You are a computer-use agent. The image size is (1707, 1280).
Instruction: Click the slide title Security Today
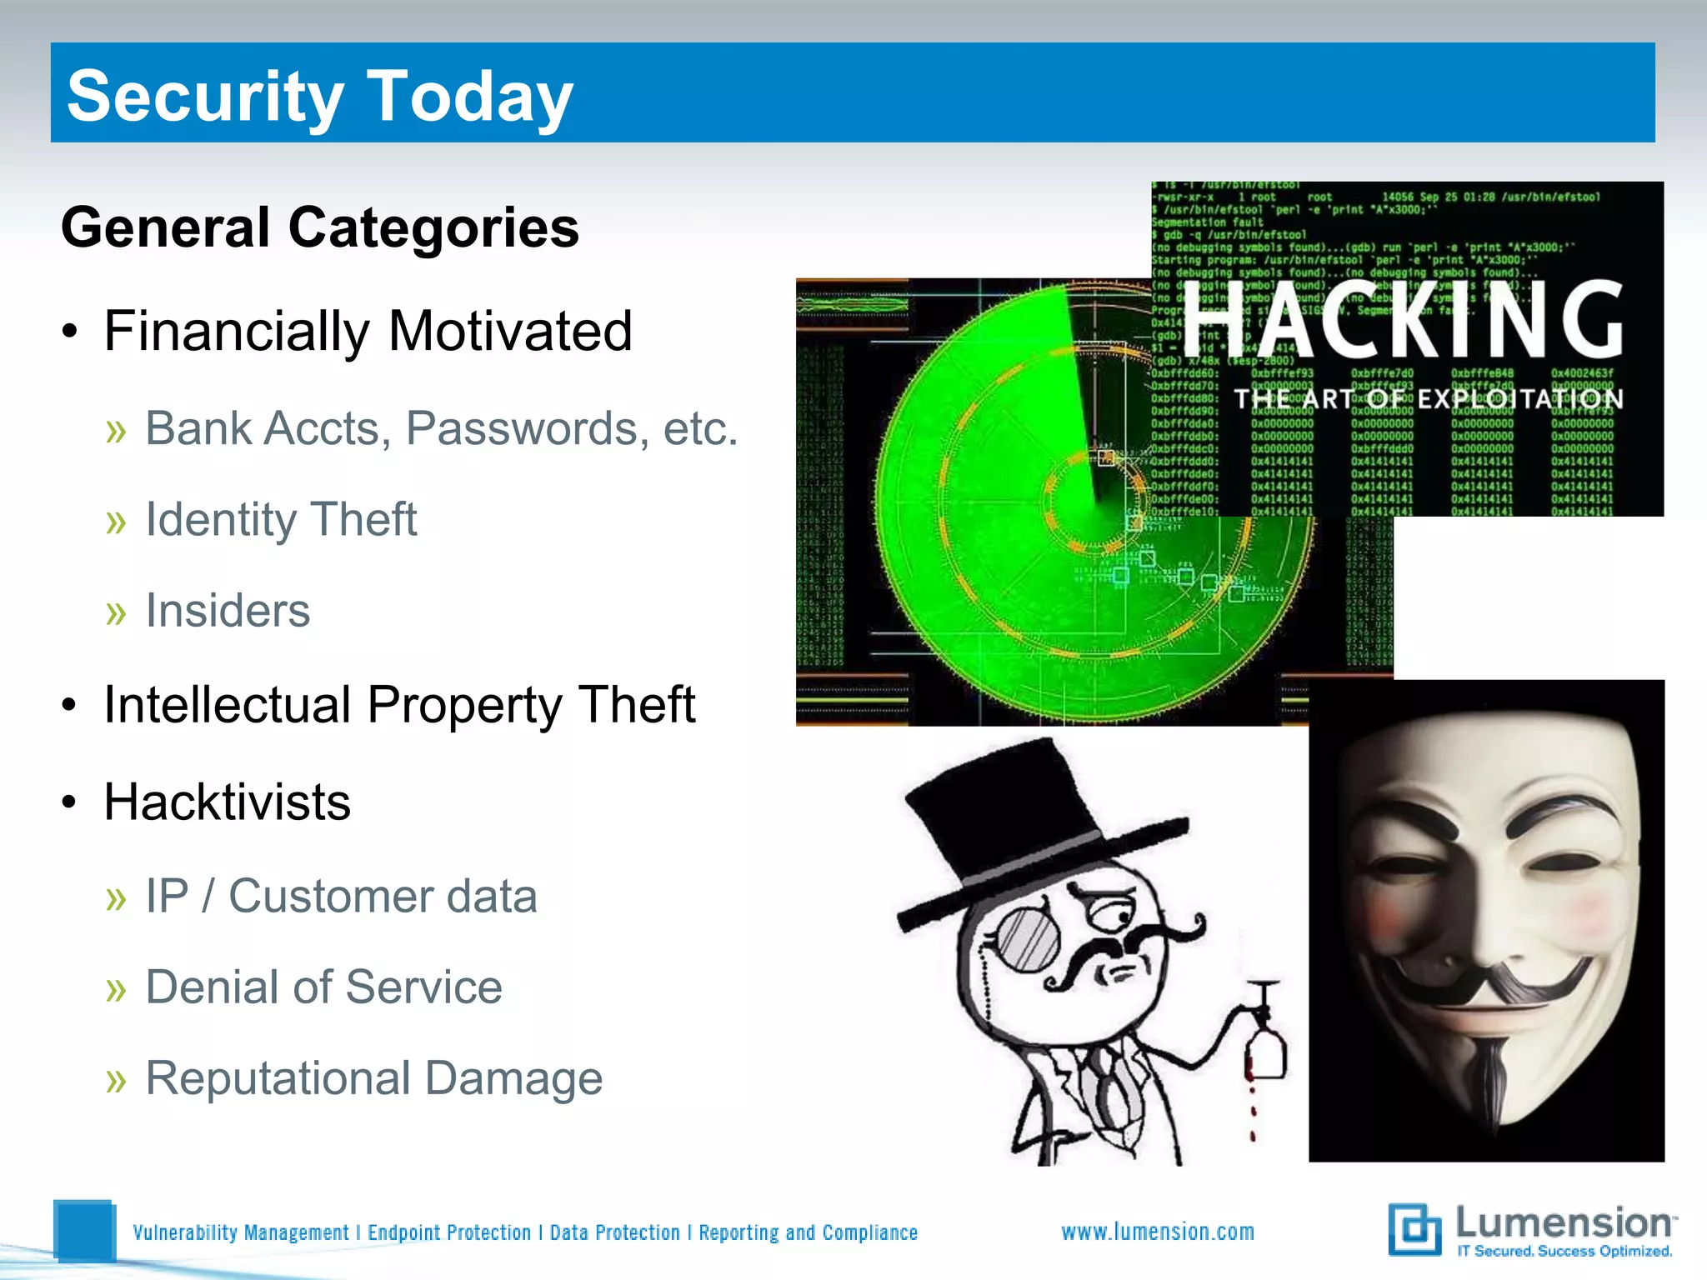[x=320, y=97]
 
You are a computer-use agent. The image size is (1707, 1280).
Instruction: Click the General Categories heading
[x=320, y=227]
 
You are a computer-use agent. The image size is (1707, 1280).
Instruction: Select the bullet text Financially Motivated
[x=368, y=332]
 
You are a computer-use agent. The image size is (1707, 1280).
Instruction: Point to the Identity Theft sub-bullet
[x=281, y=519]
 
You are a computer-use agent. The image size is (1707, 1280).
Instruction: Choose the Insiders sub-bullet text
[x=228, y=610]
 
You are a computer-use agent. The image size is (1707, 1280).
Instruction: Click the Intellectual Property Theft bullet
[x=399, y=705]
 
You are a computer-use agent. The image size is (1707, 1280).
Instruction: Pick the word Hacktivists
[x=227, y=802]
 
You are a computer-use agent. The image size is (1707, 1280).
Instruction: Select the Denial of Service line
[x=323, y=987]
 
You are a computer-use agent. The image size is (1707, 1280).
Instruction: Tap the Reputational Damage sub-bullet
[x=373, y=1078]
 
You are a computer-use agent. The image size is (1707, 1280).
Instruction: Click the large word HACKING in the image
[x=1404, y=321]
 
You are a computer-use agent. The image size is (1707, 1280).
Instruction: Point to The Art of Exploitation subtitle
[x=1429, y=399]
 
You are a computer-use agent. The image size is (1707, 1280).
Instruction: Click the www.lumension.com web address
[x=1158, y=1232]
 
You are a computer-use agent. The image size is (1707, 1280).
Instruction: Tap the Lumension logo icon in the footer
[x=1414, y=1229]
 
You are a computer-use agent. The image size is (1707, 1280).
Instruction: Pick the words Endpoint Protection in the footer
[x=449, y=1232]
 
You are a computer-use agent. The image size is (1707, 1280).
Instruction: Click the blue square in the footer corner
[x=84, y=1230]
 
